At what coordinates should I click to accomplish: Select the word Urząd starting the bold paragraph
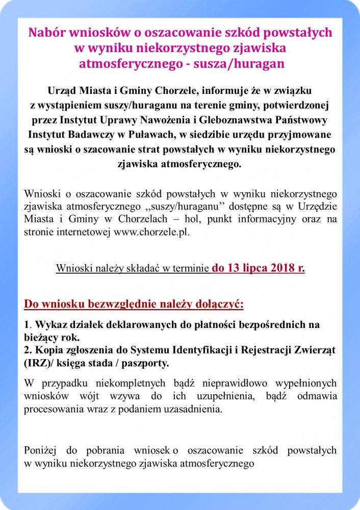click(x=63, y=90)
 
